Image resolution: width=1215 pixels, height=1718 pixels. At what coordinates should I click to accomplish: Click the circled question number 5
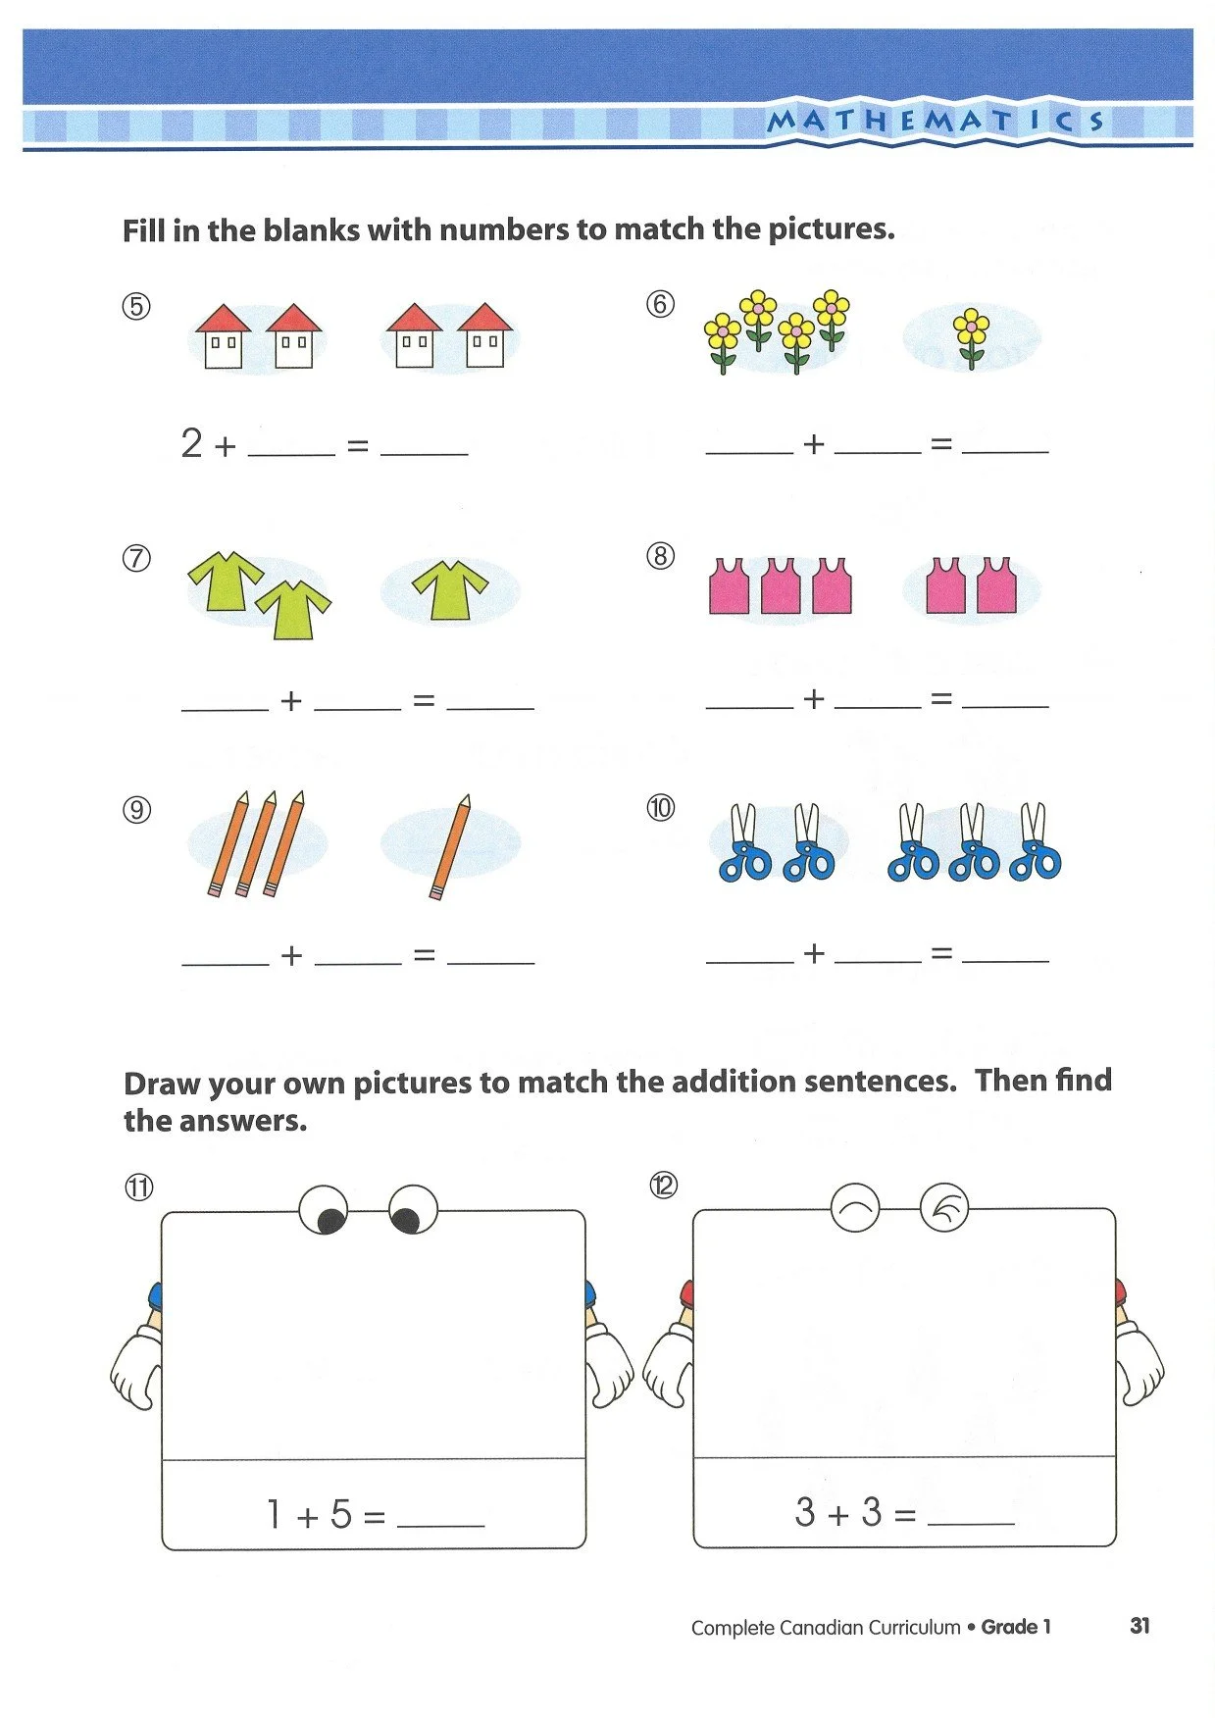136,306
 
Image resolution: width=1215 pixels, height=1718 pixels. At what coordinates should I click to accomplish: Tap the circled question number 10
661,808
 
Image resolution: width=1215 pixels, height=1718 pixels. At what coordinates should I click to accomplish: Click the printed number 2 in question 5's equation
191,443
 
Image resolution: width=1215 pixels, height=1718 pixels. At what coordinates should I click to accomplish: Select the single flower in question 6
972,337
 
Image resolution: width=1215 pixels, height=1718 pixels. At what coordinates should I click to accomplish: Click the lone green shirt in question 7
450,589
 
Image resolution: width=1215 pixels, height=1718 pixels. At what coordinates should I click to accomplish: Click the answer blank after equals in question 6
1005,446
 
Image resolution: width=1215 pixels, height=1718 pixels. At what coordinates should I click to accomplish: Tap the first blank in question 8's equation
749,701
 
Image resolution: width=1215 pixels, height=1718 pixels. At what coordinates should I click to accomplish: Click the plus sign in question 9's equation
291,954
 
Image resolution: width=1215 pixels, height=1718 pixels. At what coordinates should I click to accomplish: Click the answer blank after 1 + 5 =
440,1518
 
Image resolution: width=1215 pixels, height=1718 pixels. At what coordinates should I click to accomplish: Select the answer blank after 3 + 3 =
970,1516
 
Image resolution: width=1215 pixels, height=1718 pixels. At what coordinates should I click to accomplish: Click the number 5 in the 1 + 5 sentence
340,1514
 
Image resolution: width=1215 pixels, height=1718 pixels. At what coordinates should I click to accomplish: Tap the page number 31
1139,1626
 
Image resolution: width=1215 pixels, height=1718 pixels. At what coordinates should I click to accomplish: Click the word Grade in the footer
1009,1627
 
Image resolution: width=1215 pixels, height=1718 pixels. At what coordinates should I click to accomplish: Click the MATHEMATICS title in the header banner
936,122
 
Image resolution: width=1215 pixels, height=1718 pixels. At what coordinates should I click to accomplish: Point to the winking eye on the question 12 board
944,1208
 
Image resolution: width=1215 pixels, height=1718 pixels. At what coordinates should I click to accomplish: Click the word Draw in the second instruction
163,1084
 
